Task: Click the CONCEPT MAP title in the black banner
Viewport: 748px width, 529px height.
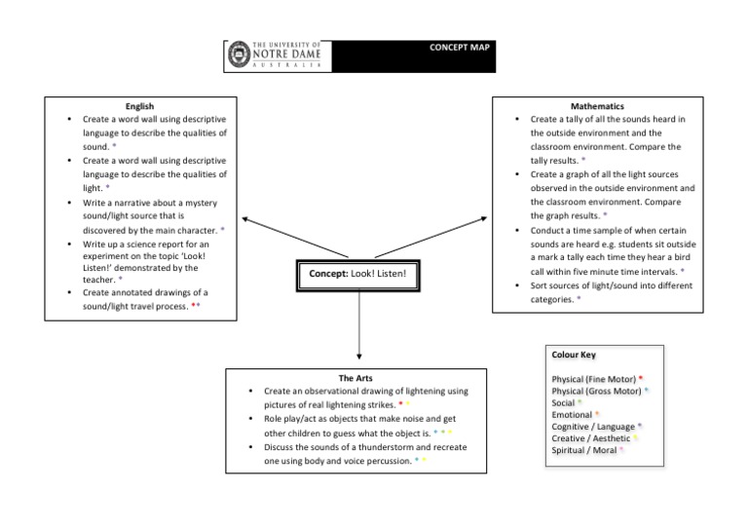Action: (461, 46)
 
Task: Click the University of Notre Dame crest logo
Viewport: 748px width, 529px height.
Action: (237, 56)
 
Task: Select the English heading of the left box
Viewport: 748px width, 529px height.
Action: (140, 106)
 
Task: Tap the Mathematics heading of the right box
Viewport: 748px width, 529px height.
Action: (598, 106)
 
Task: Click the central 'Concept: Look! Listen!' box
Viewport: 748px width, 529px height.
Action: (357, 275)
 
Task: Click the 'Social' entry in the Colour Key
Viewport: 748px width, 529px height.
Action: (564, 402)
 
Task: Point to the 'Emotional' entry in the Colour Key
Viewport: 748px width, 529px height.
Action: (572, 415)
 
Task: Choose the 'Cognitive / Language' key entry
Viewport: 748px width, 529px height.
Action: (593, 427)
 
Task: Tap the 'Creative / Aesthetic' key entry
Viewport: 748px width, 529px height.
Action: (591, 438)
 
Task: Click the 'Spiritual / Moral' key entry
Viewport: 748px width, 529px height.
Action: (584, 450)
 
